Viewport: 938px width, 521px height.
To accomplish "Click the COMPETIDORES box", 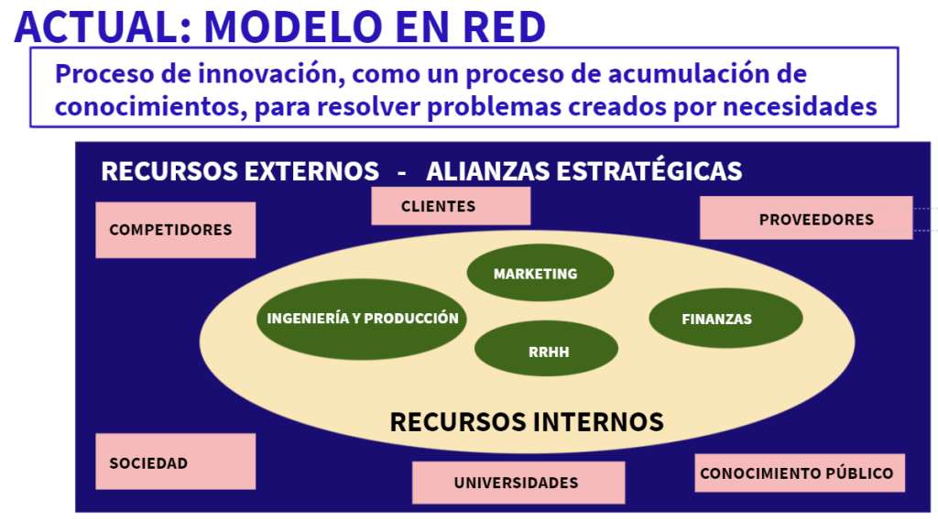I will pos(175,230).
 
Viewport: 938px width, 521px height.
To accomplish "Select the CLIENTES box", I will pos(450,206).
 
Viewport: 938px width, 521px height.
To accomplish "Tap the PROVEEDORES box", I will pos(806,219).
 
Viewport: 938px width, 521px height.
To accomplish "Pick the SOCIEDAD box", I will pos(175,461).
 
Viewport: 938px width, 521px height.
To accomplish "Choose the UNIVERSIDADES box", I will pos(518,482).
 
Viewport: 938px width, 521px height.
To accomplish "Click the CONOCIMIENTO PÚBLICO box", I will pos(799,472).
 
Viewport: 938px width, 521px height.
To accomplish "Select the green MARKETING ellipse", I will pos(540,273).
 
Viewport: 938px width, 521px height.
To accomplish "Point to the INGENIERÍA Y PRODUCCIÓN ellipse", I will pos(363,319).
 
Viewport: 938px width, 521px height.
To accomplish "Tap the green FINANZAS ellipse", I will pos(725,319).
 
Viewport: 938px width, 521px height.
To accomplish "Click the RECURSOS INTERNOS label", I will pos(526,421).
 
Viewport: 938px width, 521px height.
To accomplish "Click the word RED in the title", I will pos(507,26).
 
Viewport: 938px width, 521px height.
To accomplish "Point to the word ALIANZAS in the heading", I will pos(486,171).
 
